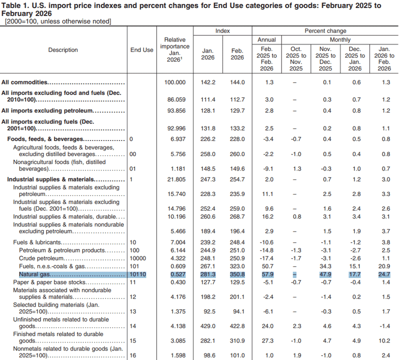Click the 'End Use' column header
click(x=141, y=50)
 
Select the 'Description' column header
click(x=63, y=50)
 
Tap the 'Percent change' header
click(x=325, y=31)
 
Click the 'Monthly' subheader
click(x=340, y=39)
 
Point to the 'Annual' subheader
click(x=266, y=39)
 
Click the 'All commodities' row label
click(x=24, y=82)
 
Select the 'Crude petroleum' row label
click(x=41, y=258)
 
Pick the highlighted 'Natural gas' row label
click(x=34, y=274)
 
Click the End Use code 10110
click(x=138, y=274)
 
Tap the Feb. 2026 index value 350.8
click(x=237, y=274)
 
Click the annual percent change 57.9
click(x=267, y=274)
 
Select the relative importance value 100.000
click(x=175, y=82)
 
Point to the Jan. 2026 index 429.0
click(x=207, y=326)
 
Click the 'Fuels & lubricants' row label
click(x=37, y=242)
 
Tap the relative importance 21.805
click(x=176, y=179)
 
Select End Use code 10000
click(x=138, y=258)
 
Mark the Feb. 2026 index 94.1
click(x=238, y=311)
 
